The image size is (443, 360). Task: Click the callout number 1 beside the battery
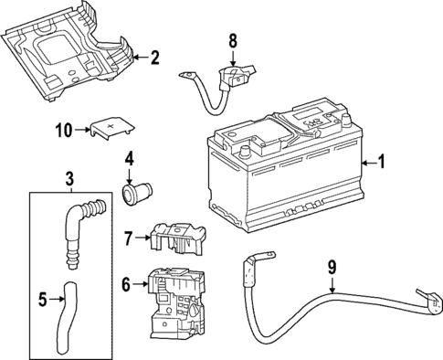point(382,163)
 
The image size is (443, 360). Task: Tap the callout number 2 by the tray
point(154,58)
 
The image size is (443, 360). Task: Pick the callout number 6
point(126,285)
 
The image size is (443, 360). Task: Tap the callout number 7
point(129,239)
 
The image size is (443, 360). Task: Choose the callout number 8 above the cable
point(232,40)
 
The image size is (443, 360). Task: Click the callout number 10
point(63,131)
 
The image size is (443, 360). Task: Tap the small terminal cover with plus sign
point(108,128)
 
